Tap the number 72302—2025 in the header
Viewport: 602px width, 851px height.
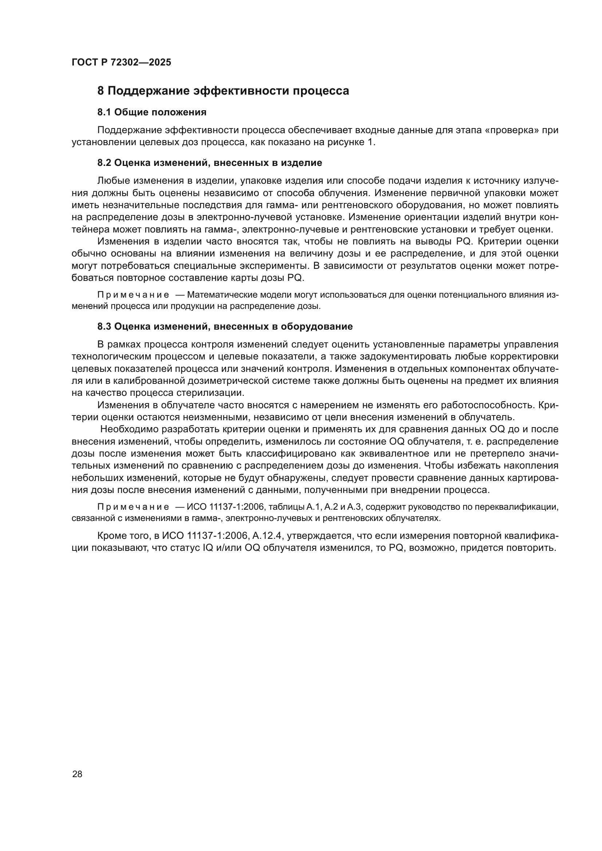click(141, 62)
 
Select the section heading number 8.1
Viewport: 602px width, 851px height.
click(104, 112)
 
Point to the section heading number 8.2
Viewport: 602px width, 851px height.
click(104, 163)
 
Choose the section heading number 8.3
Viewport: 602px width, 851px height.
click(104, 326)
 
